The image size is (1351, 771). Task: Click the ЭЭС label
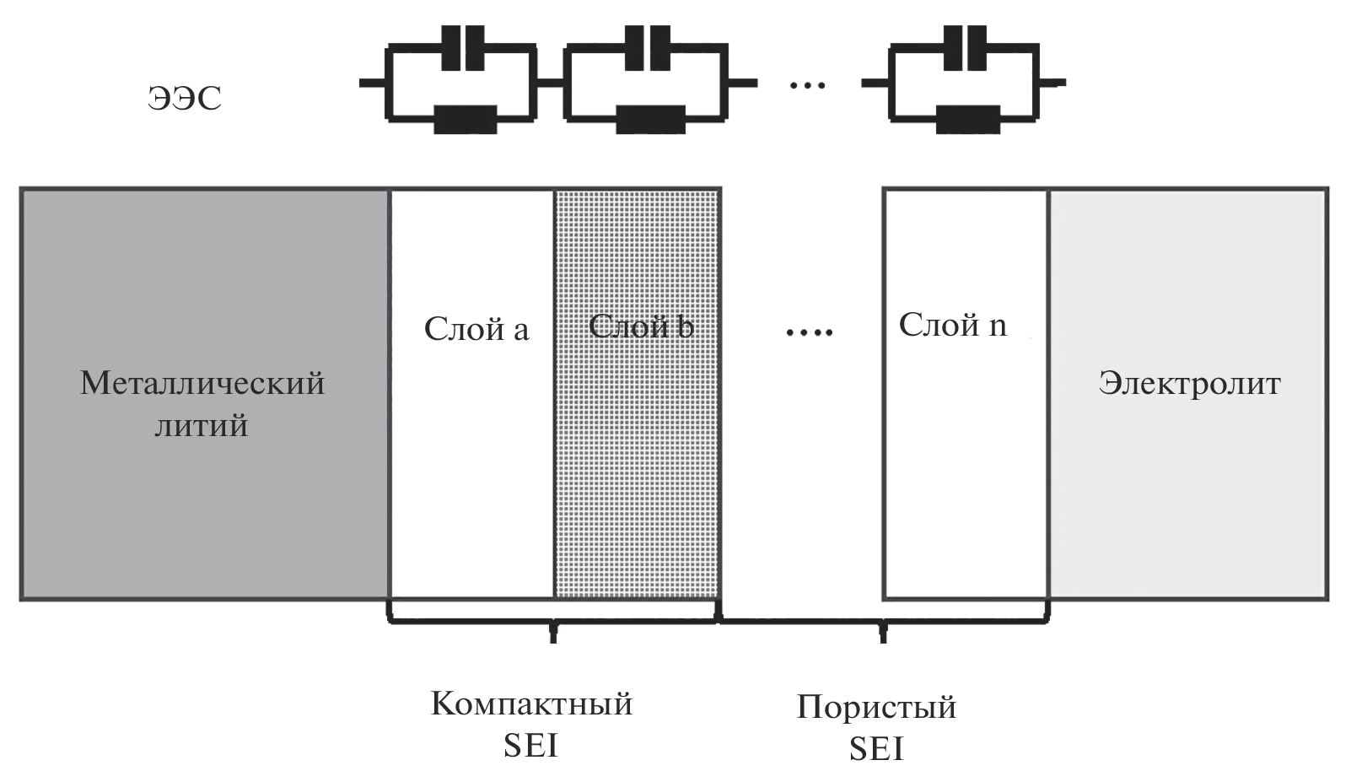coord(185,98)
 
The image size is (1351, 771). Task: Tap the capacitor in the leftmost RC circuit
coord(462,49)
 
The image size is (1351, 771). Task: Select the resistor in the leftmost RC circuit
coord(465,118)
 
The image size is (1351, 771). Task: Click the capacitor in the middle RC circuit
coord(647,49)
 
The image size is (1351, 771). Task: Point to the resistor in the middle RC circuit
coord(649,118)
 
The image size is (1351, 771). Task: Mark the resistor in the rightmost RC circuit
coord(968,118)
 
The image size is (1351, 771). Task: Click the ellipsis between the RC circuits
coord(807,85)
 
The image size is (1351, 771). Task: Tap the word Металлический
coord(202,383)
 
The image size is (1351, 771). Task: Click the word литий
coord(202,425)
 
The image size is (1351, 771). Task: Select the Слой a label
coord(476,329)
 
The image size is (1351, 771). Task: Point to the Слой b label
coord(641,326)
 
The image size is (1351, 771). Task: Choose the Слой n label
coord(952,325)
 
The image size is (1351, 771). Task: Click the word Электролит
coord(1189,383)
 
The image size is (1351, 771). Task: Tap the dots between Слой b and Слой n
coord(808,332)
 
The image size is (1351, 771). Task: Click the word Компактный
coord(531,704)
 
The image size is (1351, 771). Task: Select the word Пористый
coord(876,707)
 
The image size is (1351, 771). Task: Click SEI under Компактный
coord(531,746)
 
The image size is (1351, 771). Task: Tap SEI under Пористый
coord(876,749)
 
